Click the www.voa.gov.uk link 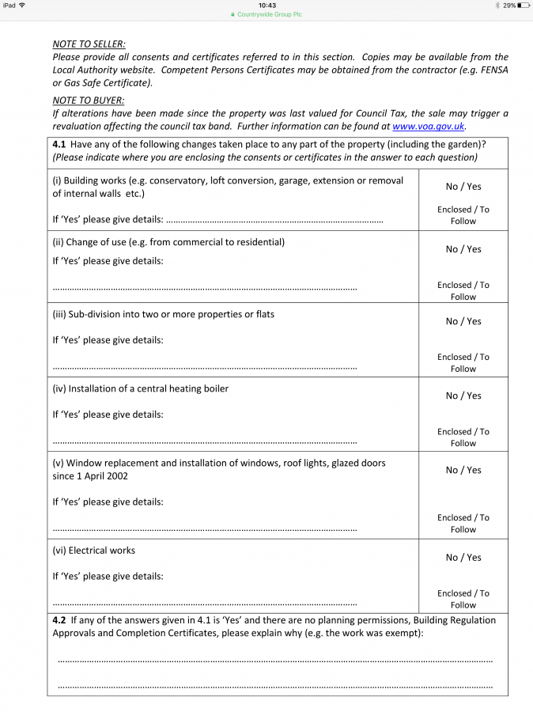pos(429,126)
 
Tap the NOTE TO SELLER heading pos(89,44)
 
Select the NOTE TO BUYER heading pos(88,100)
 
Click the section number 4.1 pos(59,144)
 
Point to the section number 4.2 pos(59,621)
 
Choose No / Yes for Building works pos(463,187)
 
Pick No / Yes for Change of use pos(463,249)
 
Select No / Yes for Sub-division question pos(463,321)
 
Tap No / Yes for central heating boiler pos(463,396)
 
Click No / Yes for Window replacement pos(463,470)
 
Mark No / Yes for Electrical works pos(463,558)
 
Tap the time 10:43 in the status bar pos(267,6)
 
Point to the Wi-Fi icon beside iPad pos(21,6)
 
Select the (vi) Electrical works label pos(94,551)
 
